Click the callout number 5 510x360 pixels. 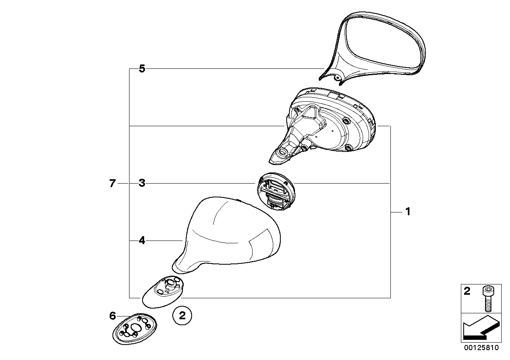click(x=142, y=69)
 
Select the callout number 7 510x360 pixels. click(x=112, y=183)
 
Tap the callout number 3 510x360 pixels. click(x=142, y=183)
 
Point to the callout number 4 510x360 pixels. click(x=142, y=241)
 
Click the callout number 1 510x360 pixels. click(x=408, y=212)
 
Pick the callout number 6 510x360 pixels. click(x=112, y=316)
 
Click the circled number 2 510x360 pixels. click(x=182, y=316)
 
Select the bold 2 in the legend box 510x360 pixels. click(x=467, y=291)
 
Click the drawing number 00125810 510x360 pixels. click(x=481, y=348)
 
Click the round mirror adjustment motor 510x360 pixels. click(x=276, y=191)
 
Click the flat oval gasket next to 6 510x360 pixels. click(x=135, y=329)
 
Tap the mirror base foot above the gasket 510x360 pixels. click(x=163, y=292)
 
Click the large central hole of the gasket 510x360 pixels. click(x=136, y=328)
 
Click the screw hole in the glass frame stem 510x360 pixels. click(x=336, y=78)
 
